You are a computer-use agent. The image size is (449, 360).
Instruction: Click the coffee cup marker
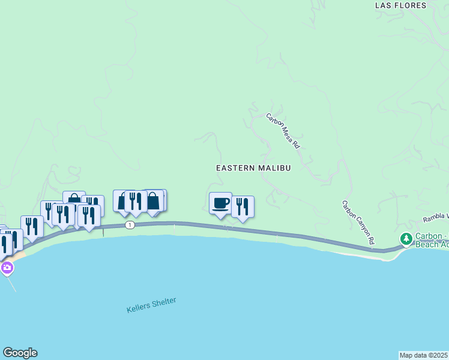coord(220,203)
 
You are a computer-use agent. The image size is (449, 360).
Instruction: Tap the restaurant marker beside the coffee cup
coord(243,207)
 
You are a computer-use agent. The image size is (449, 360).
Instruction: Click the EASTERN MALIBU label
coord(253,168)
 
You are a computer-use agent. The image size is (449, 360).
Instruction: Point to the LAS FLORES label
coord(400,5)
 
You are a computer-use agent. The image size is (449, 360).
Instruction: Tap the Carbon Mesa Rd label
coord(283,131)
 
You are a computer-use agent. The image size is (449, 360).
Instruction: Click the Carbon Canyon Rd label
coord(358,223)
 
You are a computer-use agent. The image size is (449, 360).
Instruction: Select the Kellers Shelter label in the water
coord(151,305)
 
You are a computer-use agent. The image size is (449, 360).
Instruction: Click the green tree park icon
coord(406,239)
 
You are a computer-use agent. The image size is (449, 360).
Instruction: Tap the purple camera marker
coord(7,268)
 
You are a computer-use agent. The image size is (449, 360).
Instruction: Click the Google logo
coord(20,353)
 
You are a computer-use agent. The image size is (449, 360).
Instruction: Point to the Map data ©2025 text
coord(424,355)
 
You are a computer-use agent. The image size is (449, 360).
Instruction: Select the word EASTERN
coord(236,168)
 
